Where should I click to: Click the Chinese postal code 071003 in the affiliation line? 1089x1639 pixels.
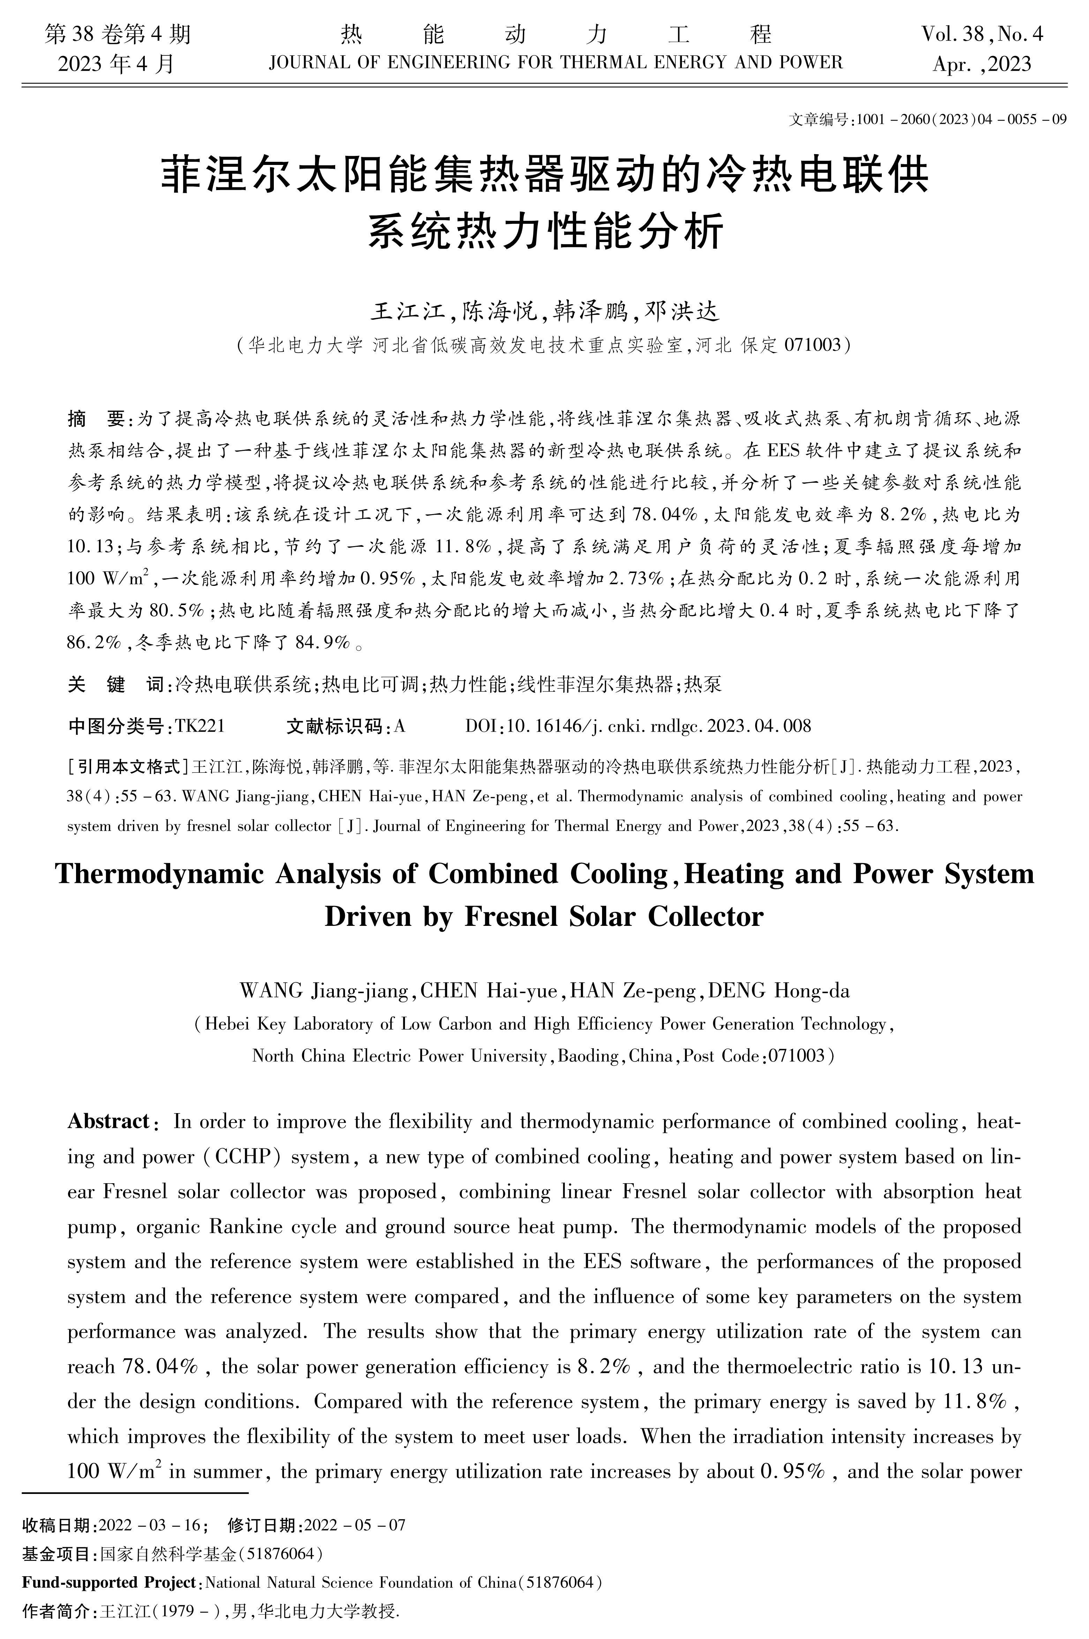pos(812,345)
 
